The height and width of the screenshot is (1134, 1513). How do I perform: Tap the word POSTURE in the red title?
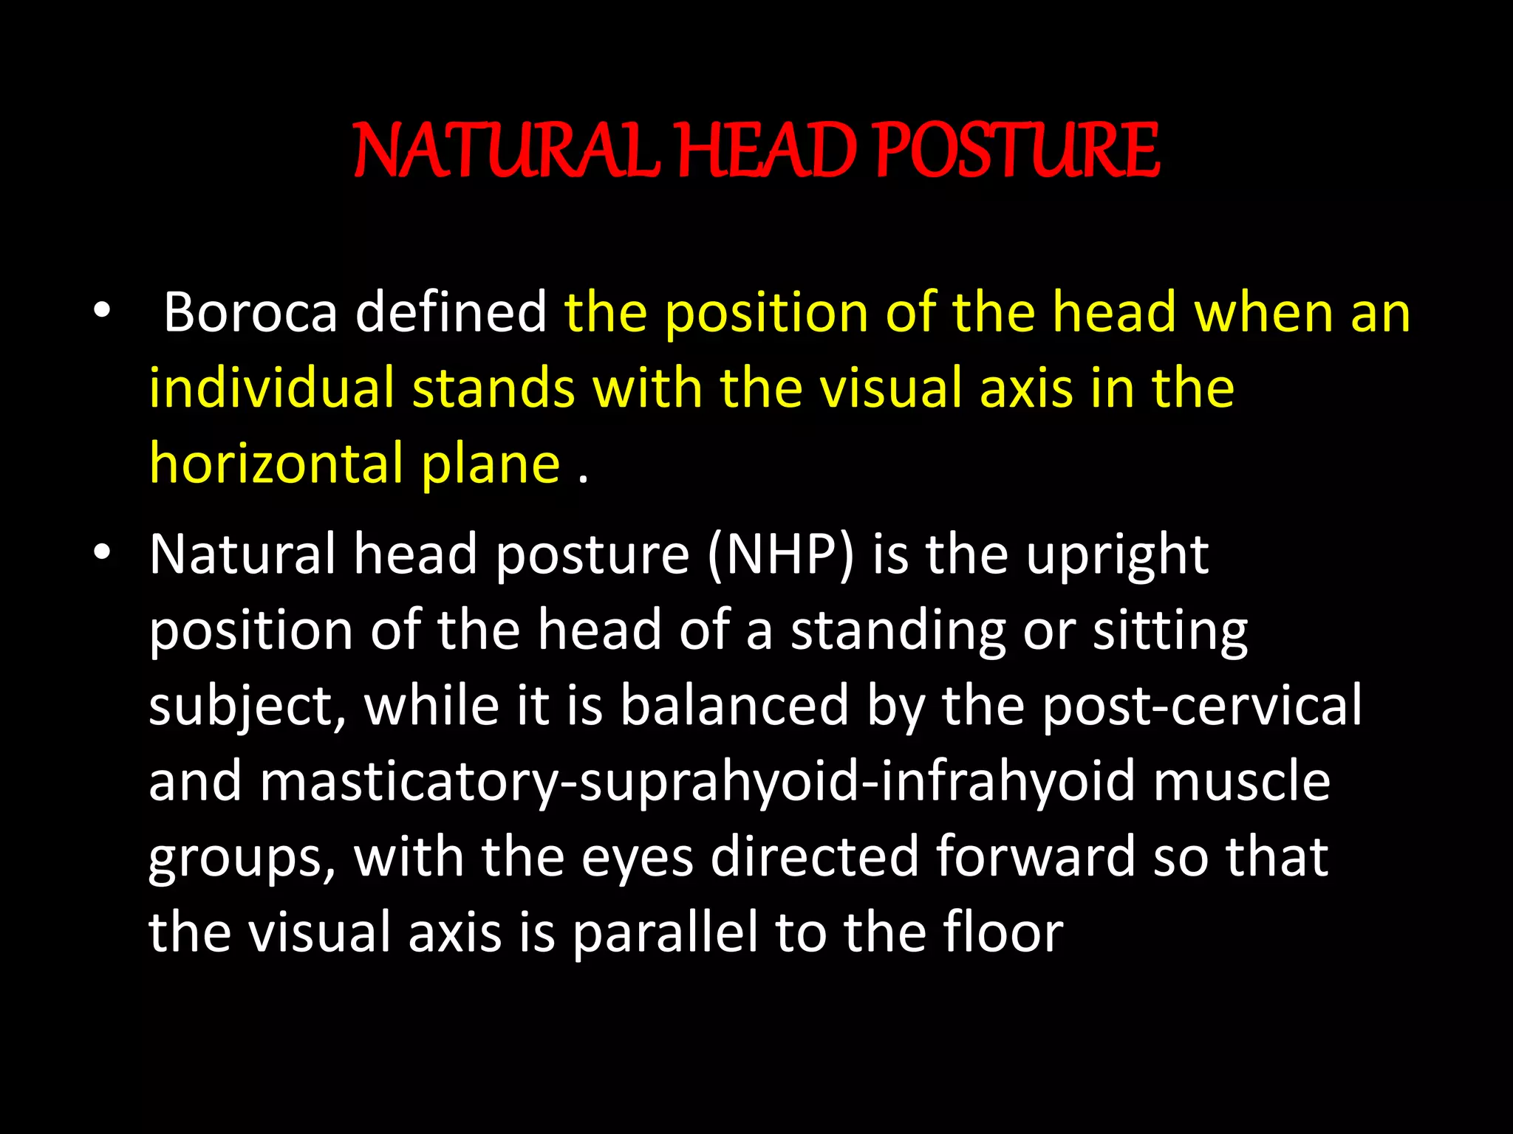1017,151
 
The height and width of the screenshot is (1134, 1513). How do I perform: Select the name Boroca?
250,312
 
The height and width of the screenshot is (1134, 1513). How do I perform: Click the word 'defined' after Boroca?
451,312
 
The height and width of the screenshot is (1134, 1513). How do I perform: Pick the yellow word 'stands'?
493,388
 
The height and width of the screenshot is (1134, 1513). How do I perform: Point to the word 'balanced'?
734,706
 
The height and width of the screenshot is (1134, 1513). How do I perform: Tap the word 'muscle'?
1242,781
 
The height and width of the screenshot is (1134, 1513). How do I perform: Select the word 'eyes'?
638,859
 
